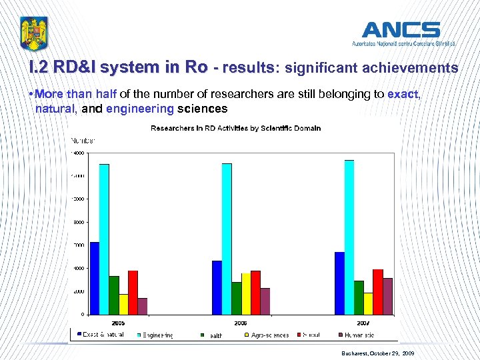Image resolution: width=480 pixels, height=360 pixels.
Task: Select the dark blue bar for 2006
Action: [x=217, y=287]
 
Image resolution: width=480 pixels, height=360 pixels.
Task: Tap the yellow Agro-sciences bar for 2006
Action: [x=246, y=293]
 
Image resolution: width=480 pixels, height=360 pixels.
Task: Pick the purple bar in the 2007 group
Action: [x=388, y=296]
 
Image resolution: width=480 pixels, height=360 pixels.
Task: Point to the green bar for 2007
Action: [x=359, y=297]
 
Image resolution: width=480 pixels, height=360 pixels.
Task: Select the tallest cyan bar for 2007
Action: [x=349, y=237]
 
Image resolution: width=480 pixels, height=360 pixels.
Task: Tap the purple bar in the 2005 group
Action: [x=142, y=306]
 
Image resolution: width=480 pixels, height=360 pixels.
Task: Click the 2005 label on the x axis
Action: [x=118, y=321]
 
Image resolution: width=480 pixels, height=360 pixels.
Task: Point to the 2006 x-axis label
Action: [x=241, y=321]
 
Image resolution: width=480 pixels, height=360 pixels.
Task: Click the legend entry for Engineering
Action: [x=157, y=335]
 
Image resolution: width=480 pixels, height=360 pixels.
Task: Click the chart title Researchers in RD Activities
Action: [x=235, y=128]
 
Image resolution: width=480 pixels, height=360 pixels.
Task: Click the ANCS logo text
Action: [x=401, y=30]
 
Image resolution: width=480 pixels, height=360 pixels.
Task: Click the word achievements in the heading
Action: [x=414, y=68]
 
